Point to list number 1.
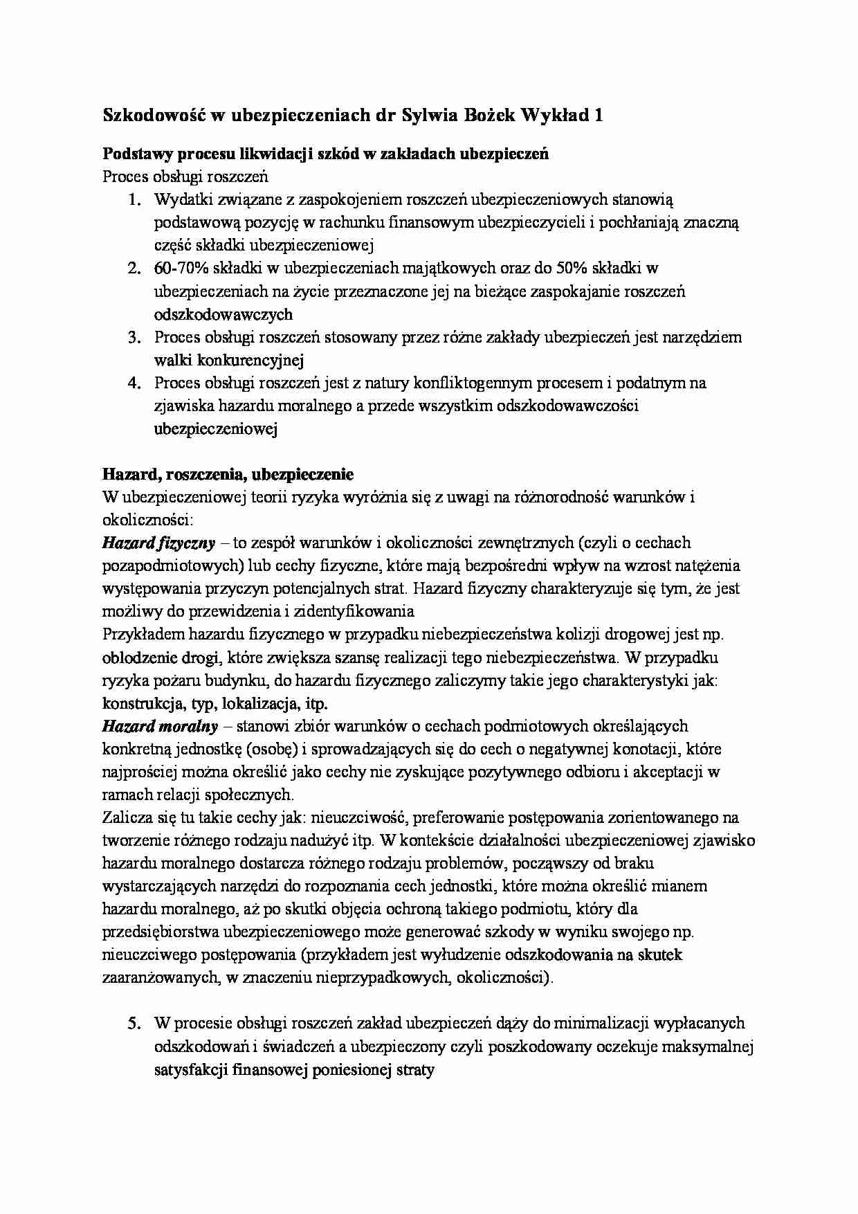pos(134,200)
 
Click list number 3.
pos(134,338)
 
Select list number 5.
pos(134,1023)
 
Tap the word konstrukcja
pos(143,704)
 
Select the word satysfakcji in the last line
pos(191,1070)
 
